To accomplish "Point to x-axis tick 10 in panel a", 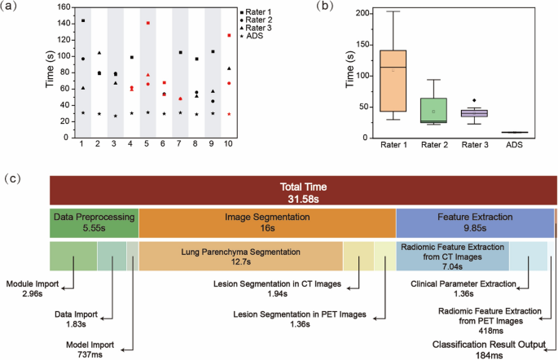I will point(229,144).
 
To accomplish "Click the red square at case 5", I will point(148,23).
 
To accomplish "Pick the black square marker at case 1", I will point(82,20).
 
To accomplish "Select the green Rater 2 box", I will point(433,110).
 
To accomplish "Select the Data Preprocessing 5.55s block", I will point(94,222).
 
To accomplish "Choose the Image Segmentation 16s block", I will point(267,222).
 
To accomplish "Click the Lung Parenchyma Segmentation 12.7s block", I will point(240,255).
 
